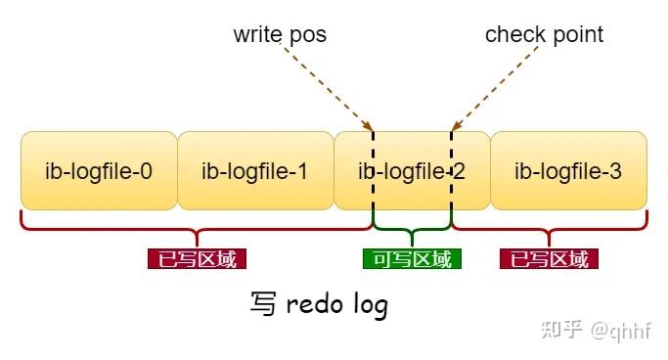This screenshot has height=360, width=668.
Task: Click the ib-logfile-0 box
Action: click(x=99, y=171)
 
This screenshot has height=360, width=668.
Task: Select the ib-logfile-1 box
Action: click(x=255, y=171)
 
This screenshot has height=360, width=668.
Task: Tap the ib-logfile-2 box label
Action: click(x=412, y=172)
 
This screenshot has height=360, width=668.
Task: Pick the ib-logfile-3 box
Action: click(x=568, y=171)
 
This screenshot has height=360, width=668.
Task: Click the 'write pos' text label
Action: click(x=280, y=35)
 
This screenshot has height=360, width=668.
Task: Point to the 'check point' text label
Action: click(x=544, y=35)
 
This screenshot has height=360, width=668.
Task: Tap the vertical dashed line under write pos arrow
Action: click(x=373, y=186)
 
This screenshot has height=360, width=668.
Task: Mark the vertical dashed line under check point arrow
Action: click(x=451, y=186)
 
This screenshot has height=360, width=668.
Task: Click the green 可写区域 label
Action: click(x=412, y=259)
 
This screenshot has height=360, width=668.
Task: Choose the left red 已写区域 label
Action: click(x=197, y=259)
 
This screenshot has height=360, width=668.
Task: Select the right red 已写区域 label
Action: click(x=549, y=259)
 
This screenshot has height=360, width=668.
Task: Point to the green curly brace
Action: click(x=412, y=233)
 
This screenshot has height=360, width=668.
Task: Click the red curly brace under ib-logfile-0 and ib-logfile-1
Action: click(x=196, y=233)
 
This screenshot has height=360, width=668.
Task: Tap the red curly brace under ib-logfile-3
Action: click(x=549, y=233)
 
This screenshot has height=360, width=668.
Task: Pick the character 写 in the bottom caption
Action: click(x=263, y=304)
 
